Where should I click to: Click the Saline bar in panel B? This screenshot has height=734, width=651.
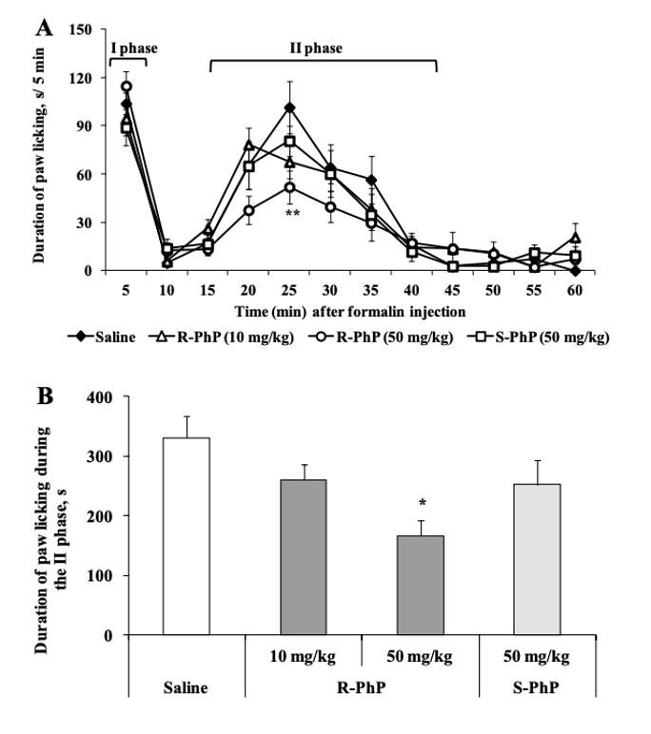[187, 536]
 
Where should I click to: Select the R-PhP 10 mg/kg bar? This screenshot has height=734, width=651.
[304, 557]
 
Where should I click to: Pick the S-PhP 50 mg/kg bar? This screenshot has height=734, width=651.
[539, 559]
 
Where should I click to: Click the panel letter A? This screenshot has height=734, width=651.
[43, 28]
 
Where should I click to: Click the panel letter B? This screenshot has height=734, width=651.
[43, 392]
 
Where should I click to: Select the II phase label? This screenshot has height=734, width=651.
[316, 48]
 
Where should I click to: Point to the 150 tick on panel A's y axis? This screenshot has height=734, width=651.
[79, 29]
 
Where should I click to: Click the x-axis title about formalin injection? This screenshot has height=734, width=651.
[351, 310]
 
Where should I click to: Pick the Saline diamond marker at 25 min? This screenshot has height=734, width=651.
[289, 107]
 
